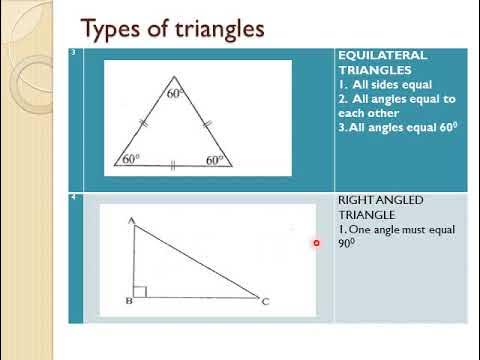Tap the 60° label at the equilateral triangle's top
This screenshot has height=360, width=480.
tap(177, 93)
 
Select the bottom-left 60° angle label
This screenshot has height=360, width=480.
tap(130, 159)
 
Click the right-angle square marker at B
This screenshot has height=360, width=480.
tap(140, 291)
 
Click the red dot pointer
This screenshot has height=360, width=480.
tap(316, 243)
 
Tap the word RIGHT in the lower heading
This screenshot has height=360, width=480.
tap(355, 200)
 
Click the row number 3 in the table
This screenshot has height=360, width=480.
tap(74, 52)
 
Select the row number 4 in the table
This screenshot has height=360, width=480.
tap(74, 198)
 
